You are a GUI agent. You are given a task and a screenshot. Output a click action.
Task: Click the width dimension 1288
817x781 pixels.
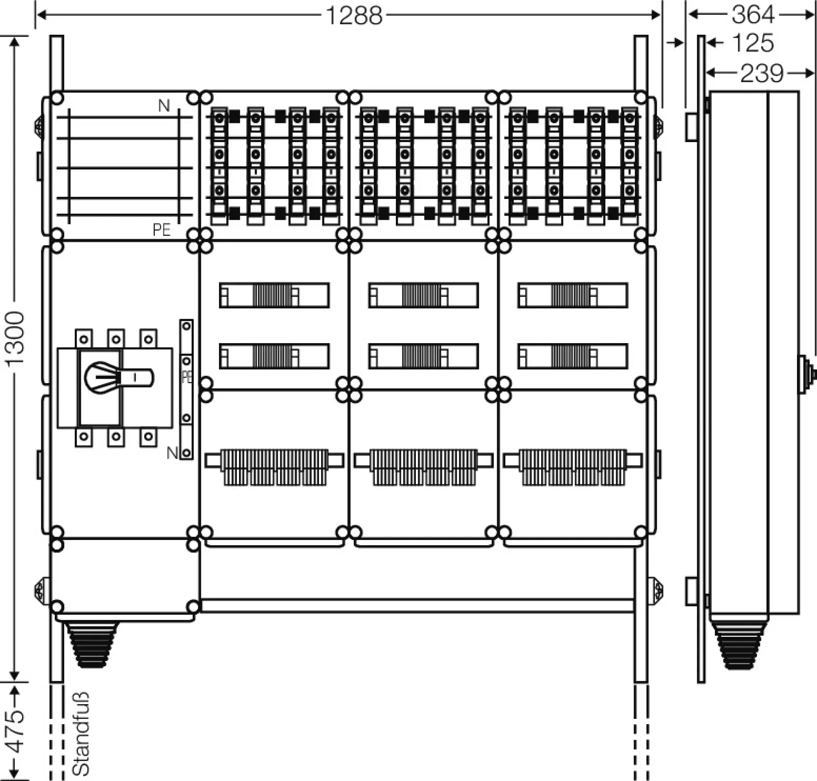click(x=353, y=16)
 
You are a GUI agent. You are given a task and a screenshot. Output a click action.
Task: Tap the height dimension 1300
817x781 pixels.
click(x=15, y=339)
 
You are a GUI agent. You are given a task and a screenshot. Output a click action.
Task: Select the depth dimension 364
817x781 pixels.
click(x=753, y=15)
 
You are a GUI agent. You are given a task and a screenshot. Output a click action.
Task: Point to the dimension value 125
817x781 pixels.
click(x=752, y=43)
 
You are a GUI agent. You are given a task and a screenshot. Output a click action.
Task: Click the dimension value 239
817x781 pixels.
click(x=761, y=74)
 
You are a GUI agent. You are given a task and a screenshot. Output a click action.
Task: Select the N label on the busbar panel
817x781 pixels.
click(x=164, y=106)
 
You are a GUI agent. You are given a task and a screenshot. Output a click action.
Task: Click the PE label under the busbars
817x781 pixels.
click(x=162, y=230)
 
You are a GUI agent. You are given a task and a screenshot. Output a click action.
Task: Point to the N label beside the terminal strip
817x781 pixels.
click(x=172, y=453)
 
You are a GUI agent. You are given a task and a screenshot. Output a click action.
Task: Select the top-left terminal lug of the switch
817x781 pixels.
click(x=84, y=339)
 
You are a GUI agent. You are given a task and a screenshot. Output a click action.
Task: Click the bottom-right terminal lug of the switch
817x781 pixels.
click(x=148, y=437)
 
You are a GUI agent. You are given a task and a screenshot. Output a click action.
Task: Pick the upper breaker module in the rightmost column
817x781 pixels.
click(x=573, y=295)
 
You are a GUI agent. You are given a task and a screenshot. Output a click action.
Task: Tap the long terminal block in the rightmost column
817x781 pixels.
click(x=573, y=467)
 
